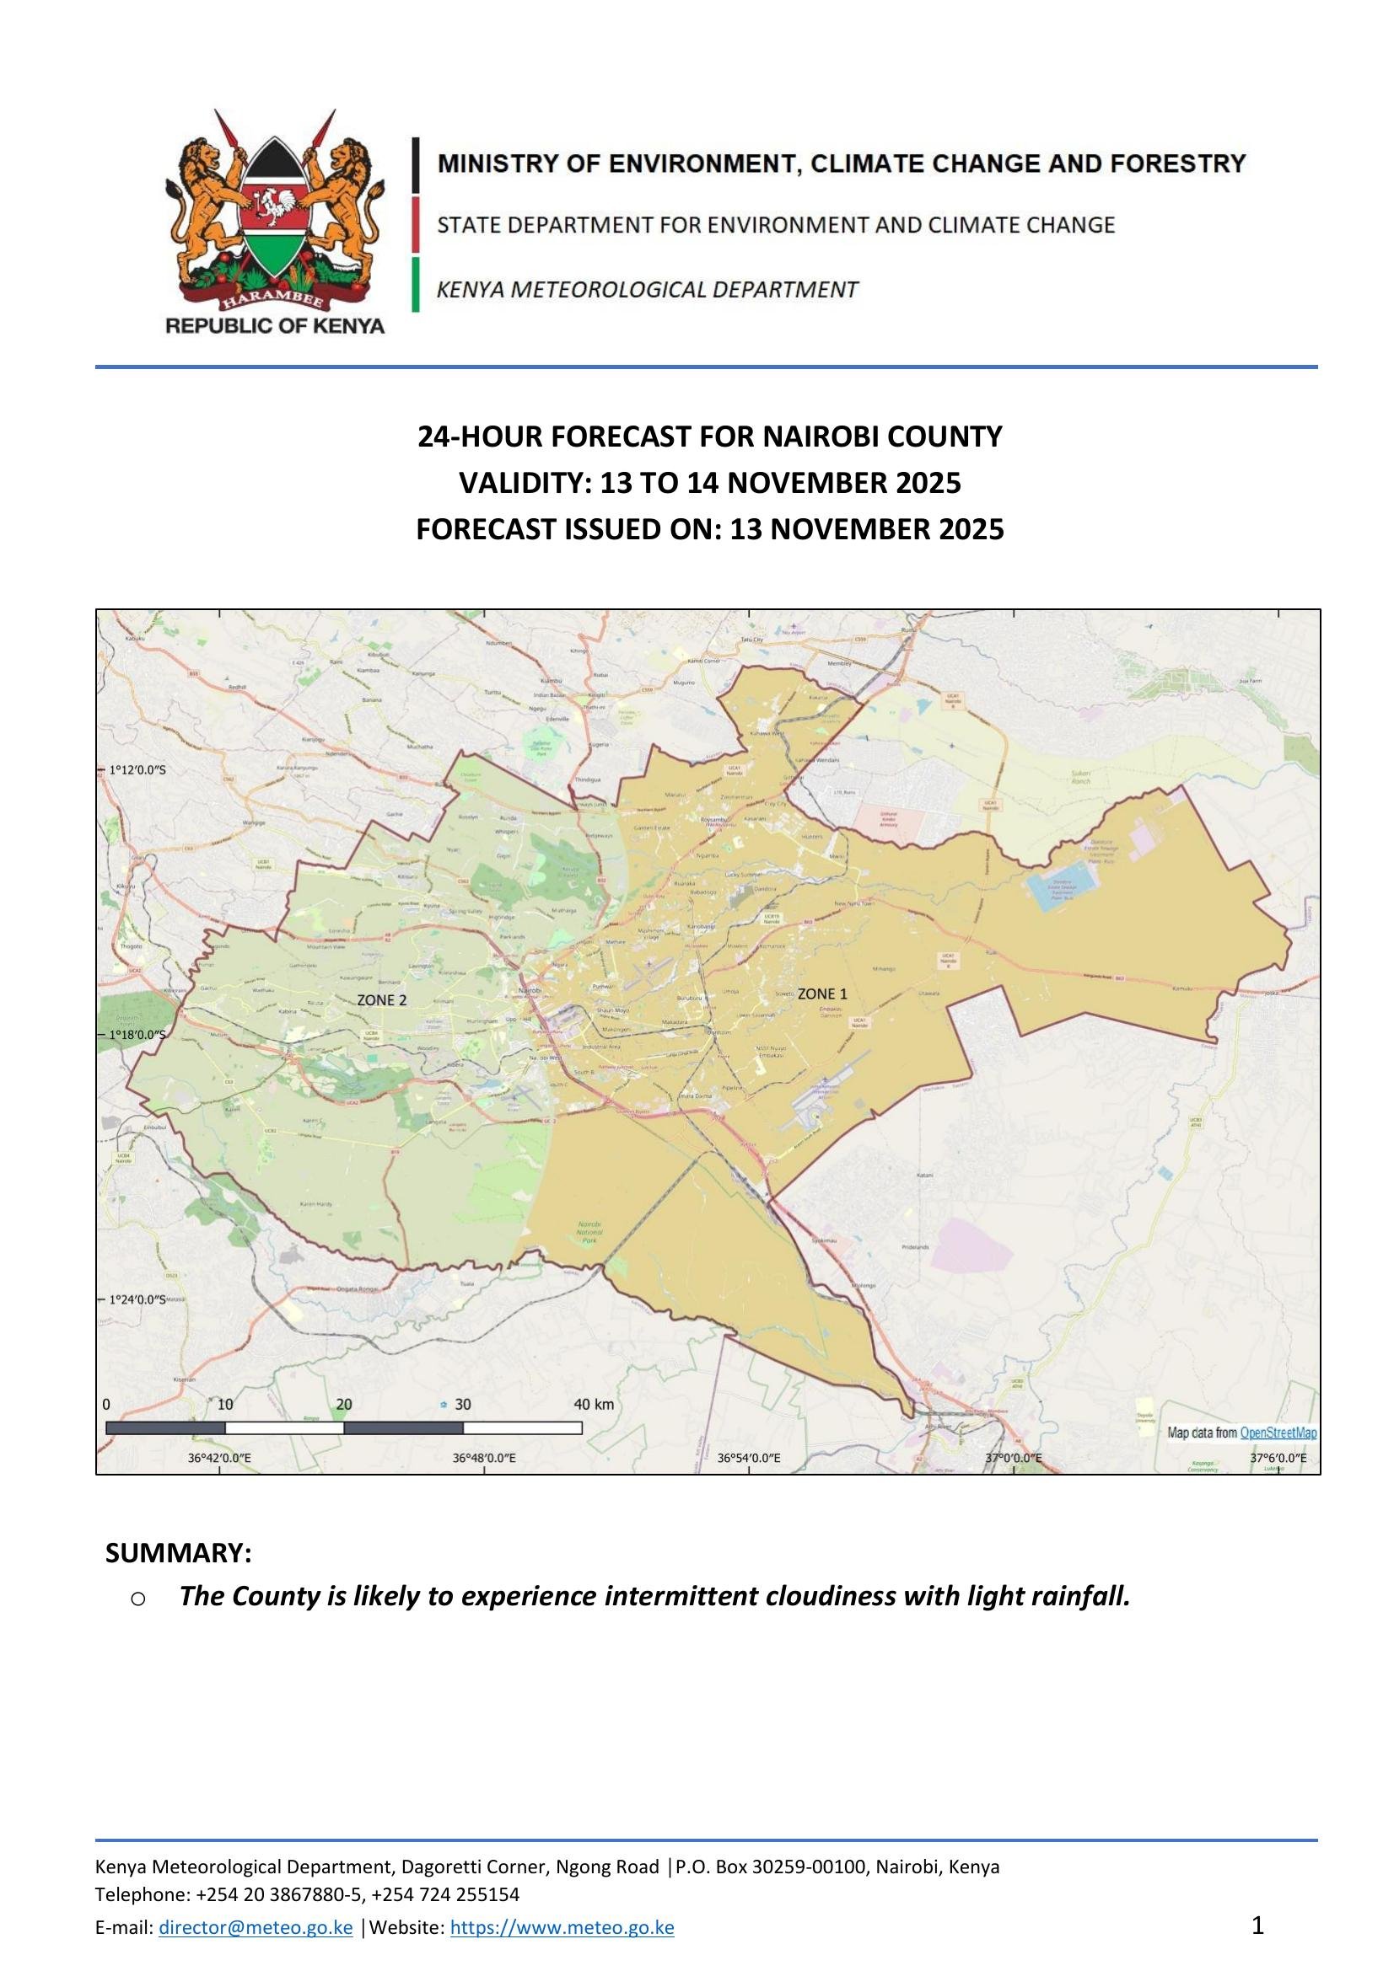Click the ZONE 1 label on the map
click(x=822, y=994)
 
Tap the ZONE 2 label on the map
click(x=381, y=999)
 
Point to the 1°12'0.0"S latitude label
click(x=137, y=770)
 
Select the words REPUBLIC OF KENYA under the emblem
click(x=275, y=325)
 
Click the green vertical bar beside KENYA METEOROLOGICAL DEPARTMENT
click(x=416, y=284)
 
